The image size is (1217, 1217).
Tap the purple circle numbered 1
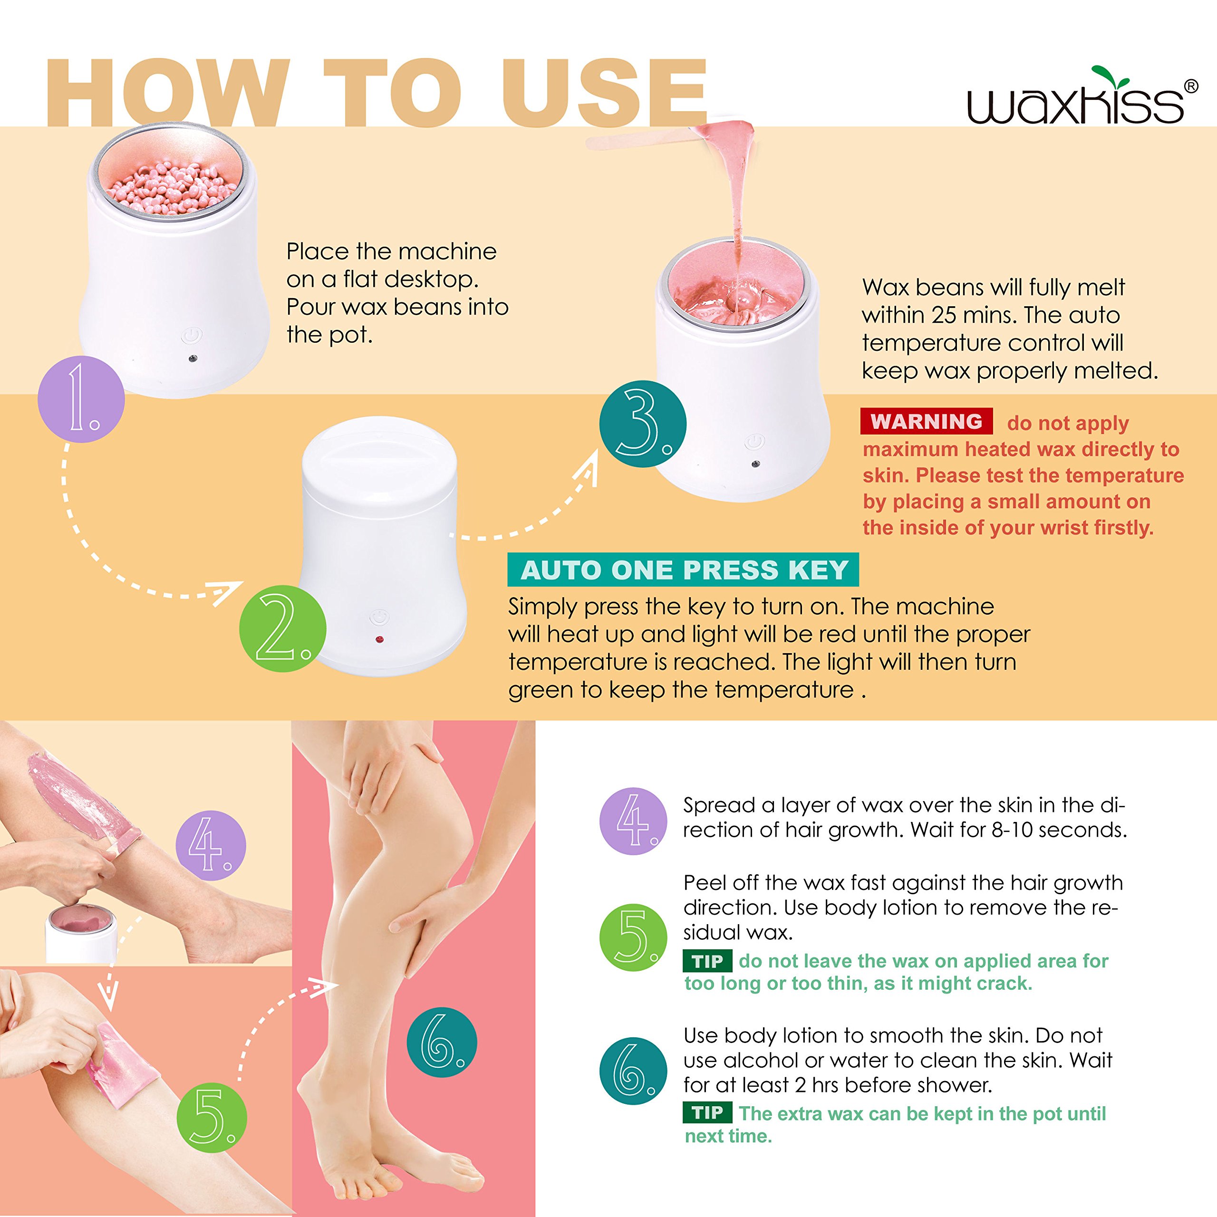tap(81, 399)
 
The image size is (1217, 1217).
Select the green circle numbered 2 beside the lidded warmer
tap(282, 628)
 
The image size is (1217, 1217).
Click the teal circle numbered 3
tap(643, 424)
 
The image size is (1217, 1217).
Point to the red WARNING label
tap(926, 421)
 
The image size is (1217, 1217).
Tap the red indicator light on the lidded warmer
tap(379, 640)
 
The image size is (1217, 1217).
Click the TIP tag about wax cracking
tap(707, 961)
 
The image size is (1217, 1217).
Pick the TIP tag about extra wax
tap(707, 1112)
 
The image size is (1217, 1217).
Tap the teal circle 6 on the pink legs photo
tap(442, 1042)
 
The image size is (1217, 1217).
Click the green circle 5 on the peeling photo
tap(212, 1118)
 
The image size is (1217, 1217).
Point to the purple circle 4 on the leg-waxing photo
tap(211, 845)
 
